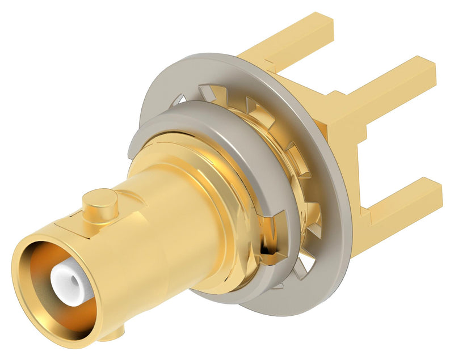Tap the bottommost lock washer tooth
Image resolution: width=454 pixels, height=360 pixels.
coord(278,283)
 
